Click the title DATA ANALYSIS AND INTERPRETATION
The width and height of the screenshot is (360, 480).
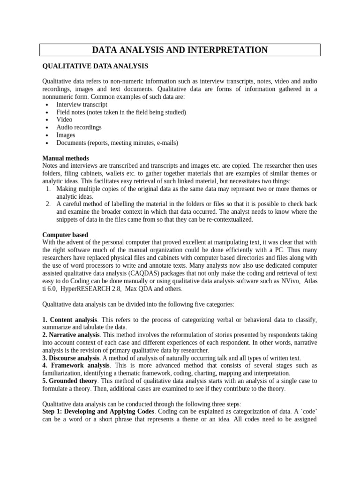(180, 50)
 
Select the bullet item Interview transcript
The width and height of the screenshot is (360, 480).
(82, 105)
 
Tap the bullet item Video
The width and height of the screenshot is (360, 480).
(64, 120)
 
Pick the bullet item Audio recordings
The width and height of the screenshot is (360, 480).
(79, 127)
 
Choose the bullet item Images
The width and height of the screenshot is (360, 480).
(66, 135)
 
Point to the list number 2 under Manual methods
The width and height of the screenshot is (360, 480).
(48, 204)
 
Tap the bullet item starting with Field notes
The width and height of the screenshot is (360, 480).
(121, 112)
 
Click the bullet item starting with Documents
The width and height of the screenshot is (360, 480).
(117, 142)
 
